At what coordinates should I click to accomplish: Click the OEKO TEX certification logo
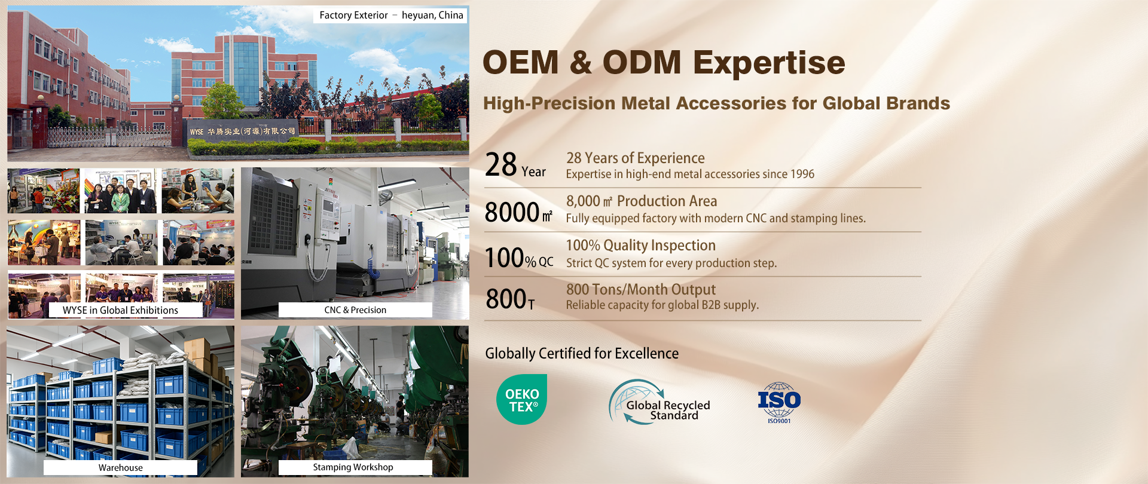coord(521,400)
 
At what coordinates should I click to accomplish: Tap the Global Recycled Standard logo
coord(660,402)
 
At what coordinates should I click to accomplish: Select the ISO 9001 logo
coord(779,403)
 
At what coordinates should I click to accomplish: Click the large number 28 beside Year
coord(501,165)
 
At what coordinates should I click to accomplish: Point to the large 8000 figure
coord(512,212)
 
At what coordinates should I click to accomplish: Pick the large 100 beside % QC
coord(505,258)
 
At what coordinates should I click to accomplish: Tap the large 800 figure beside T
coord(506,299)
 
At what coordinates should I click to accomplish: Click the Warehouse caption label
coord(121,468)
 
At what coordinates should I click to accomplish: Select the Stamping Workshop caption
coord(353,467)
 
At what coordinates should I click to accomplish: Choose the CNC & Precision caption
coord(355,310)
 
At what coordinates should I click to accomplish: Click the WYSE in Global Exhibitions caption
coord(121,310)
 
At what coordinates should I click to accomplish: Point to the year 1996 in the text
coord(802,174)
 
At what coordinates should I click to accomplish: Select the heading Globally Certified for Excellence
coord(582,353)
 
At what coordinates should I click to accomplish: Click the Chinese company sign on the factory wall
coord(243,131)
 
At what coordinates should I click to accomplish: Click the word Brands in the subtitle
coord(918,103)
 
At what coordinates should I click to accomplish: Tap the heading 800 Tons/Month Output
coord(641,289)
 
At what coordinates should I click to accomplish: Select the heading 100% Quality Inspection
coord(641,245)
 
